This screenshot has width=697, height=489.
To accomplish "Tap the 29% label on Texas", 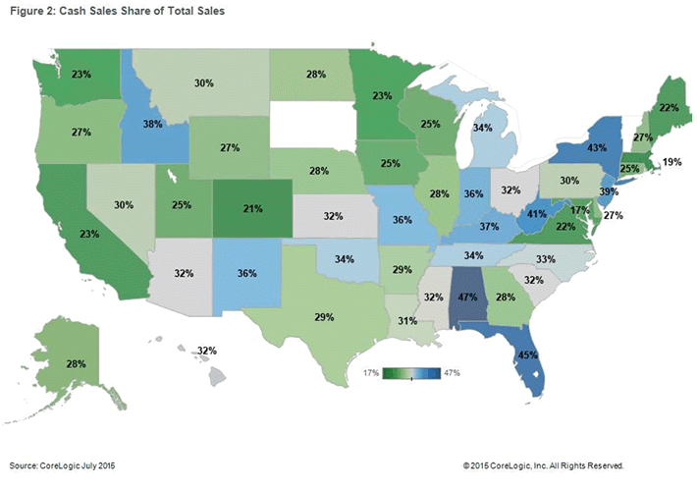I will click(325, 317).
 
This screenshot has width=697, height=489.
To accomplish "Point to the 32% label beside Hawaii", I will click(205, 350).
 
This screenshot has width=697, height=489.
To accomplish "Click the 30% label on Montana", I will click(204, 84).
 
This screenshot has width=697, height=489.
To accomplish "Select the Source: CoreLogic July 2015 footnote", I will click(64, 463).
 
